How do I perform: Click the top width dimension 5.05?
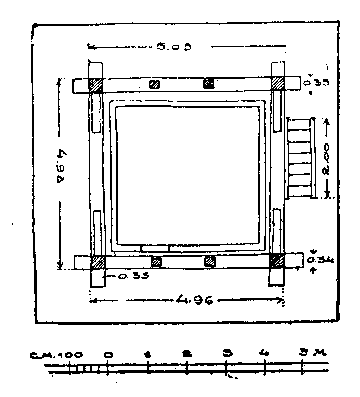pyautogui.click(x=173, y=46)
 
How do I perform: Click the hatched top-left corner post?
pyautogui.click(x=95, y=85)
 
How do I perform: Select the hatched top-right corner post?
pyautogui.click(x=278, y=83)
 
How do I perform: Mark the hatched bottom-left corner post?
pyautogui.click(x=98, y=262)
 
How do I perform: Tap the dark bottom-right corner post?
pyautogui.click(x=277, y=261)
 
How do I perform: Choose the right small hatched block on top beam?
pyautogui.click(x=209, y=84)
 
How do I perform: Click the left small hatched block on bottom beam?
pyautogui.click(x=156, y=262)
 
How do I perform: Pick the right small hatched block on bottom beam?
pyautogui.click(x=210, y=261)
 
